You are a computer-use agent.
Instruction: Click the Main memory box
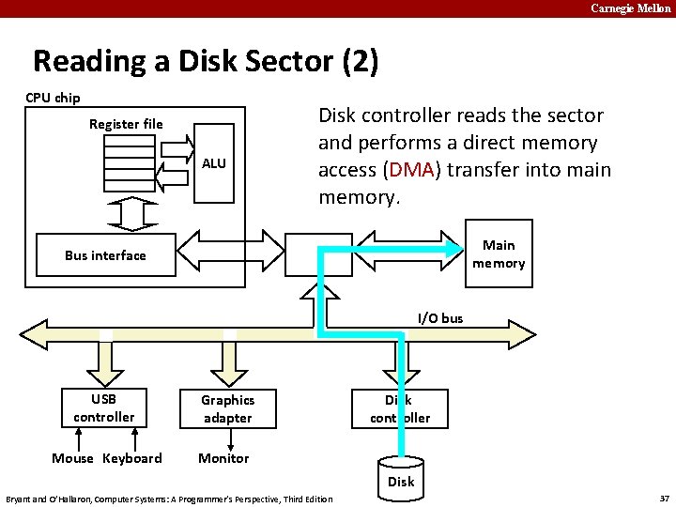click(x=499, y=254)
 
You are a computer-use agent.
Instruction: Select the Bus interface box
click(x=105, y=255)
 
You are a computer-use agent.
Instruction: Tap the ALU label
click(x=214, y=163)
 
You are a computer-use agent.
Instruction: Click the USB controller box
click(x=104, y=407)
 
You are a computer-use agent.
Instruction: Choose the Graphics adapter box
click(x=227, y=408)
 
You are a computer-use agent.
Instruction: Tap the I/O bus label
click(x=440, y=318)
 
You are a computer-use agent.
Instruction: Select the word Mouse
click(x=72, y=458)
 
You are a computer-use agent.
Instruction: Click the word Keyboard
click(x=131, y=458)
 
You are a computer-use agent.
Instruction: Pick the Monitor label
click(x=223, y=458)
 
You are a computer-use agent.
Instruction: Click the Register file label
click(x=126, y=124)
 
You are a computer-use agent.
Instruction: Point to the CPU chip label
click(x=53, y=98)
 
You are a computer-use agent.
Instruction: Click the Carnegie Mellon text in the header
click(x=631, y=8)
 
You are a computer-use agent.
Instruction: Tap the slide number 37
click(x=664, y=498)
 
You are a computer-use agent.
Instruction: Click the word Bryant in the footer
click(x=22, y=498)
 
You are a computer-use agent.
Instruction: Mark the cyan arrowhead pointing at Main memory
click(x=453, y=248)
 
